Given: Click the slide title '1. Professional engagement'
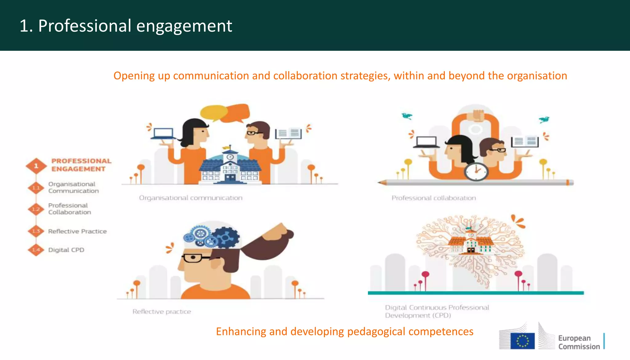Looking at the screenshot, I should (x=126, y=26).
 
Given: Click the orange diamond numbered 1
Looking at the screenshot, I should (x=36, y=166).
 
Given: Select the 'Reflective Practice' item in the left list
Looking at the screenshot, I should (x=77, y=231).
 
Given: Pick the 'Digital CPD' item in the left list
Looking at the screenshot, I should (x=66, y=250).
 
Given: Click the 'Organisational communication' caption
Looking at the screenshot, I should (x=191, y=198).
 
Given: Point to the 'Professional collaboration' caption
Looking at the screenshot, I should (x=433, y=198).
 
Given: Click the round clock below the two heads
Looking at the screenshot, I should (x=476, y=171).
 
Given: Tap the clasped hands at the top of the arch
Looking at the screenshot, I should (x=476, y=117).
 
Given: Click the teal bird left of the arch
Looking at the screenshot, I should (x=407, y=116).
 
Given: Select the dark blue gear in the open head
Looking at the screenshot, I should (x=226, y=237).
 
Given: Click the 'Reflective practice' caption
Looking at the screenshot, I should (x=162, y=312).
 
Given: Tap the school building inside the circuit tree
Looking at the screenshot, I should (x=471, y=243).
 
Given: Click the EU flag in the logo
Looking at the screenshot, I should (x=522, y=341).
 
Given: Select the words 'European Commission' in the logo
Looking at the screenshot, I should (x=579, y=342).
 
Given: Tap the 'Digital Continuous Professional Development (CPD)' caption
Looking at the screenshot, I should (x=437, y=311).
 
